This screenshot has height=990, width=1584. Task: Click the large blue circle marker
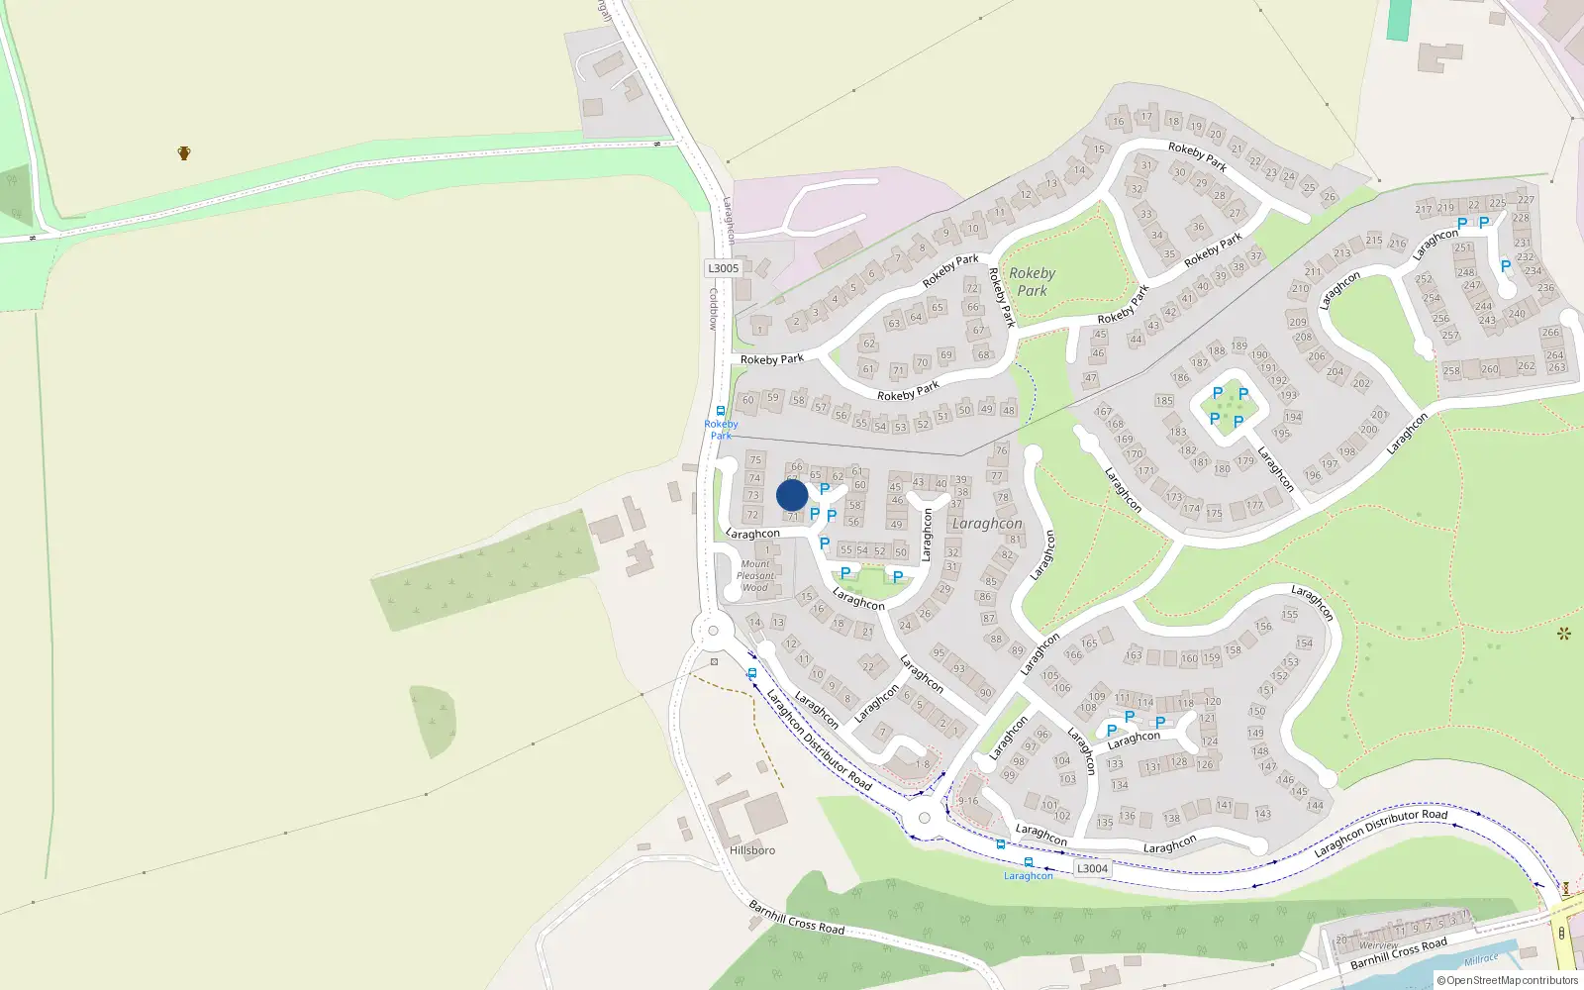(792, 495)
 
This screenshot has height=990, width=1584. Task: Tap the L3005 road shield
(723, 268)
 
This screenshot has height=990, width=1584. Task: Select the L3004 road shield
(1092, 868)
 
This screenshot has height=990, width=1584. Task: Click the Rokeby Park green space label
(1032, 282)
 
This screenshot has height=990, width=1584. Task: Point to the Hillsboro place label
(752, 850)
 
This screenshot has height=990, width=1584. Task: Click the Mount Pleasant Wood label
(755, 576)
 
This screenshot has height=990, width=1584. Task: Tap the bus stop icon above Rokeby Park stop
(721, 411)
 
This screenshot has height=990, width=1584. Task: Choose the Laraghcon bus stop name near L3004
(1029, 876)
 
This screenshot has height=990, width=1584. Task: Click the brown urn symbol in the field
(184, 153)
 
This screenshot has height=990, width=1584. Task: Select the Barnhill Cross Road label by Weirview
(1398, 953)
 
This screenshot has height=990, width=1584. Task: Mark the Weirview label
(1378, 946)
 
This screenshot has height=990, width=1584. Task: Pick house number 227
(1527, 200)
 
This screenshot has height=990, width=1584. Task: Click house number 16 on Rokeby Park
(1119, 122)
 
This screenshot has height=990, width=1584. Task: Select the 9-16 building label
(967, 801)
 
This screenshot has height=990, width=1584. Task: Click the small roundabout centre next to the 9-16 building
(925, 818)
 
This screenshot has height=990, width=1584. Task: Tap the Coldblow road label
(712, 309)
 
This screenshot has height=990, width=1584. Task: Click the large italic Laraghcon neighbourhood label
(987, 524)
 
